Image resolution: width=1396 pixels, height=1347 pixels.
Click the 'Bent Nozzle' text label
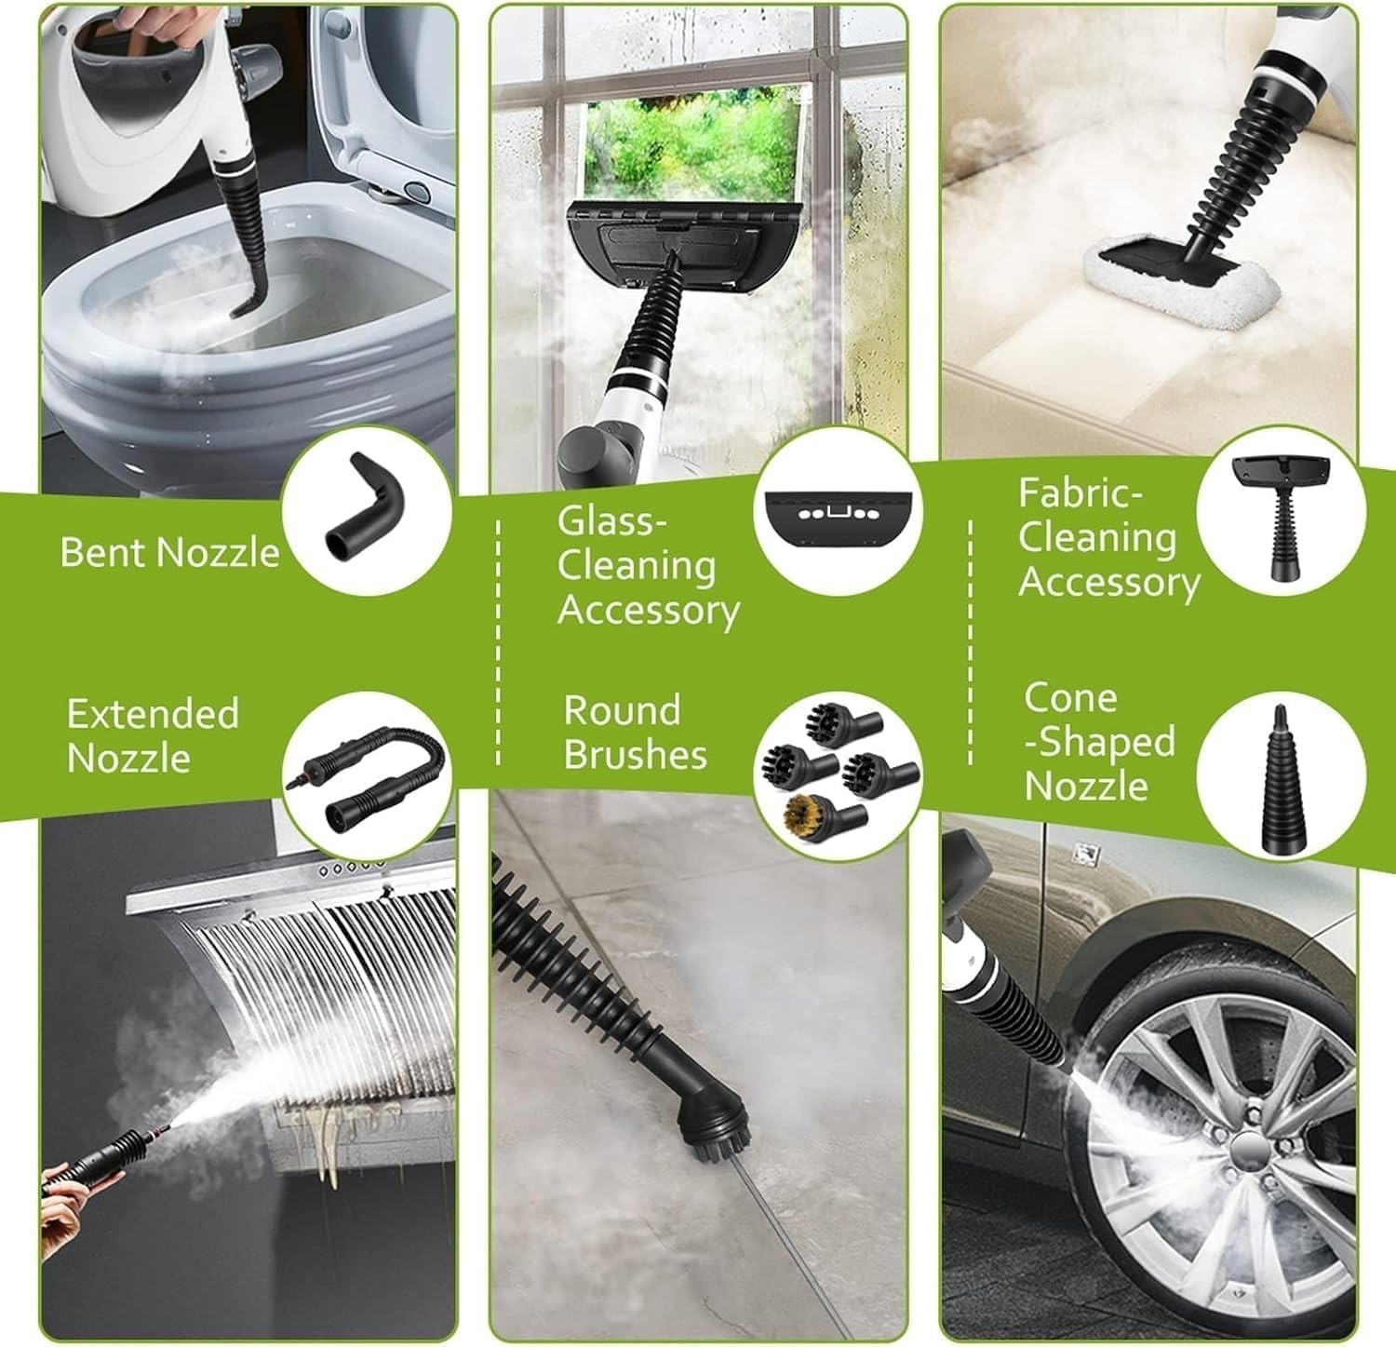click(x=169, y=552)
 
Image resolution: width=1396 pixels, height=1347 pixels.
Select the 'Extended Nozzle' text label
click(x=153, y=735)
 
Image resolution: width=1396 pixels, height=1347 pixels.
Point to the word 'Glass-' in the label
click(x=612, y=521)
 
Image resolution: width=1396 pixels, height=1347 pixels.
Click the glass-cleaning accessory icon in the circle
click(x=839, y=512)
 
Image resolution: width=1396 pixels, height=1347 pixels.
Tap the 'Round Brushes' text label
click(x=635, y=733)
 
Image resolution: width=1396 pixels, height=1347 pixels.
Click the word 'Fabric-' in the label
click(x=1080, y=493)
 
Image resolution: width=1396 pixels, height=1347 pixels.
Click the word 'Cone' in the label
click(x=1070, y=697)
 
